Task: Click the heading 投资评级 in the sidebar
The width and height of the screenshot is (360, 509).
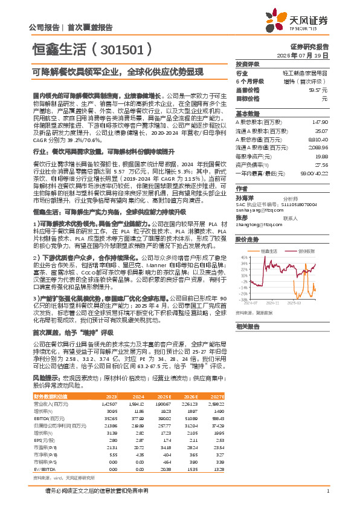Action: pyautogui.click(x=248, y=63)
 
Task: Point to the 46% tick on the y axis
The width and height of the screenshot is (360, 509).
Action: pyautogui.click(x=243, y=239)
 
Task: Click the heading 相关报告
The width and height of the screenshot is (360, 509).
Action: pyautogui.click(x=247, y=327)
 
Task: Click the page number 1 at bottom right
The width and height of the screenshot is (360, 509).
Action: pyautogui.click(x=327, y=491)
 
